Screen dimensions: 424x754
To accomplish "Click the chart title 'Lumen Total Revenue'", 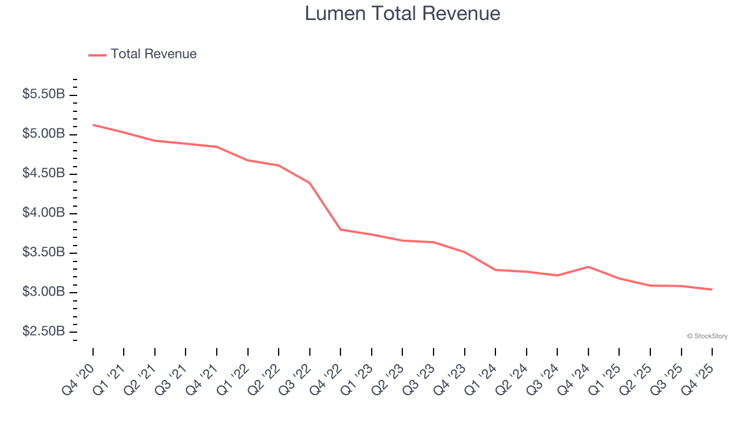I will click(x=402, y=13).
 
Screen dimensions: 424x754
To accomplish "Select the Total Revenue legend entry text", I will click(x=153, y=54).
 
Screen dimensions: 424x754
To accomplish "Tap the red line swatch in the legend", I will click(x=97, y=55).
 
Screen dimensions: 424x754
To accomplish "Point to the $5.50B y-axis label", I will click(x=44, y=94).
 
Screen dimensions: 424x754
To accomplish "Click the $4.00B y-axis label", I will click(x=44, y=213).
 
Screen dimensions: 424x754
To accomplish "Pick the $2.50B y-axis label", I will click(x=44, y=332).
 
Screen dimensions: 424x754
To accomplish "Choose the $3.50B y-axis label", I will click(x=44, y=253).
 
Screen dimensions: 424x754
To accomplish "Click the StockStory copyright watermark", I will click(x=707, y=336).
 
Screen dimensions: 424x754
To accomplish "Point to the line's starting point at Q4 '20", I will click(x=93, y=125).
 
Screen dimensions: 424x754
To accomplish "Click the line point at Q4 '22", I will click(x=340, y=230).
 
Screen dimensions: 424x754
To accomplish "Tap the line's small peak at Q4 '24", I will click(x=588, y=267).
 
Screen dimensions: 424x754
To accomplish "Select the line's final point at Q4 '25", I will click(x=712, y=290).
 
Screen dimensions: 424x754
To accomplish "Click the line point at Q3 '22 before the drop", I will click(x=310, y=183).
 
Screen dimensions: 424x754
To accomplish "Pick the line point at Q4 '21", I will click(x=217, y=147).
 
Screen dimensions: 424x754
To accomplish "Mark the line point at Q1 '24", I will click(x=495, y=270).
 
